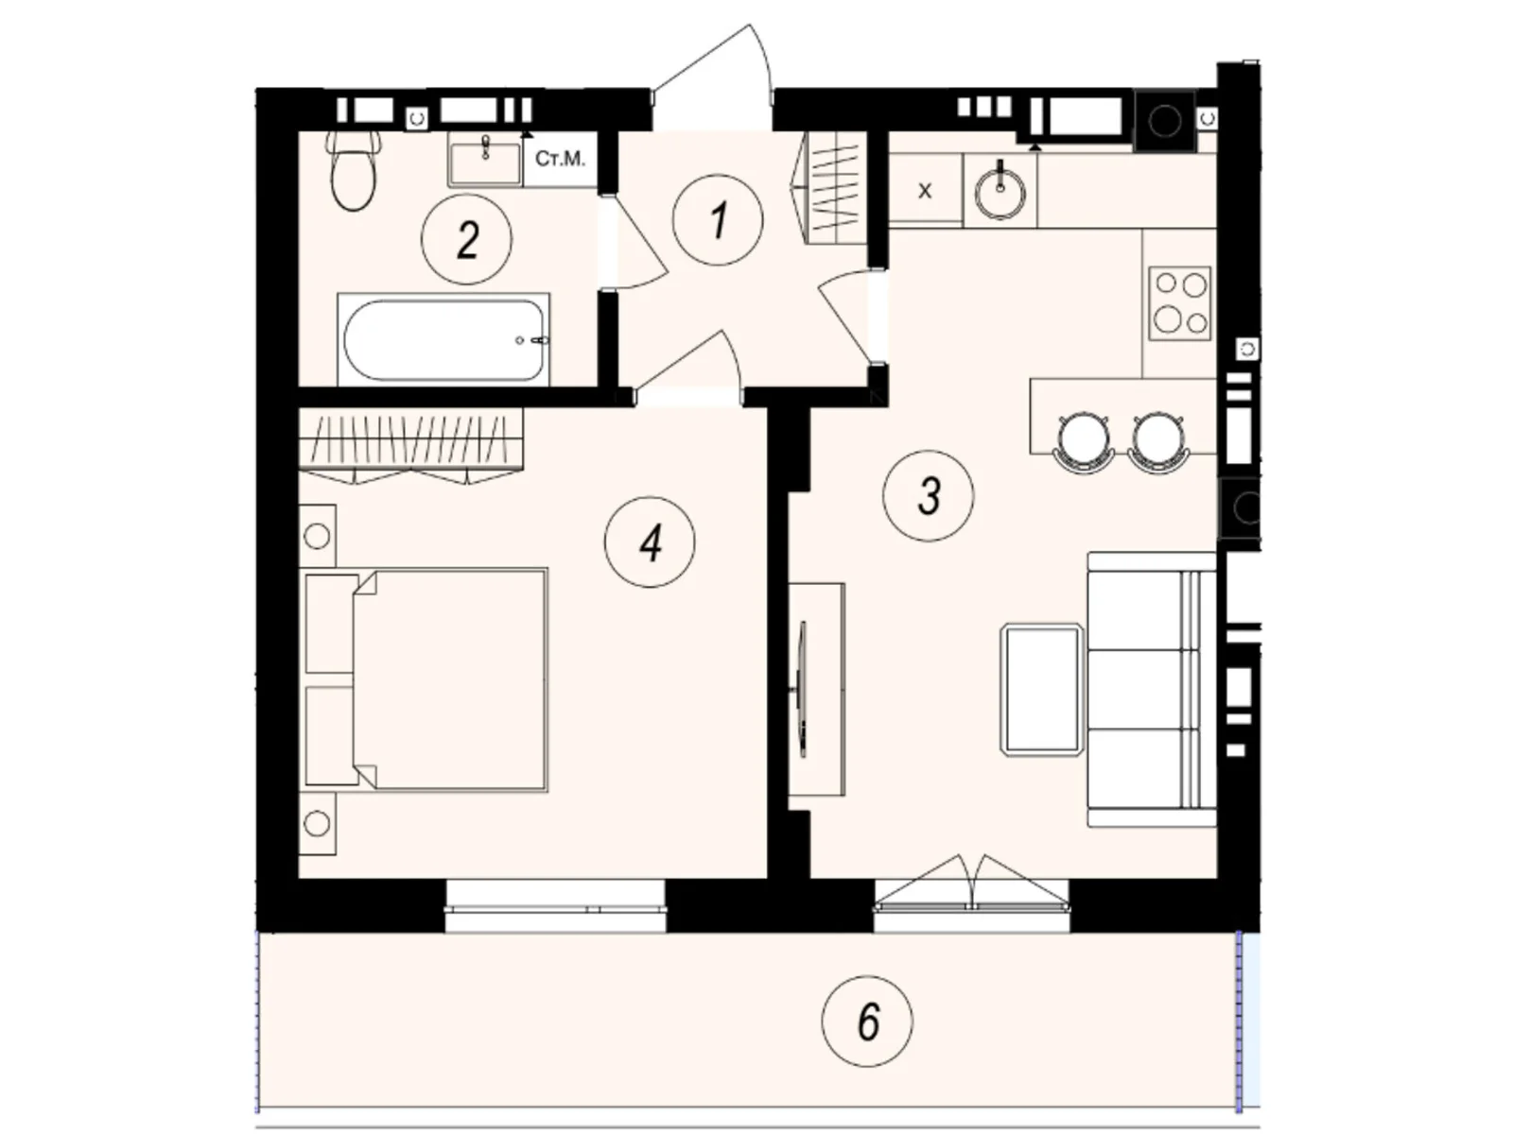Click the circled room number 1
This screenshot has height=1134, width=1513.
tap(718, 219)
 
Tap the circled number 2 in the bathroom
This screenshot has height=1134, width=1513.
tap(467, 239)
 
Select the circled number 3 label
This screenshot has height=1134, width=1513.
tap(929, 495)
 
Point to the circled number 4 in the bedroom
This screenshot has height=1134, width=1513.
tap(651, 542)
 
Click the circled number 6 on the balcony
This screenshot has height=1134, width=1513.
tap(867, 1021)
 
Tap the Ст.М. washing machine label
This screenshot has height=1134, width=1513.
tap(560, 159)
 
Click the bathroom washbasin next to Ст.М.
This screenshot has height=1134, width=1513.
tap(485, 160)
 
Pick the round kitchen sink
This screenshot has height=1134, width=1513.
tap(1000, 192)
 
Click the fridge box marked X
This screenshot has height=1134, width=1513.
tap(925, 190)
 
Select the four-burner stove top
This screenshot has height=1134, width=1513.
tap(1180, 302)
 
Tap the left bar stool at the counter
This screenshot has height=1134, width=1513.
tap(1082, 440)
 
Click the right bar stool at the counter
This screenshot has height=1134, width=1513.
tap(1157, 440)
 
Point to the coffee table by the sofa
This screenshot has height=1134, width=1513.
tap(1041, 689)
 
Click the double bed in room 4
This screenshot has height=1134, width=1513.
tap(426, 678)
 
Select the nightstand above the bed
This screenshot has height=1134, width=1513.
tap(317, 536)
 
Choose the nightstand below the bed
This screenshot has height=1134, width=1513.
tap(317, 823)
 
